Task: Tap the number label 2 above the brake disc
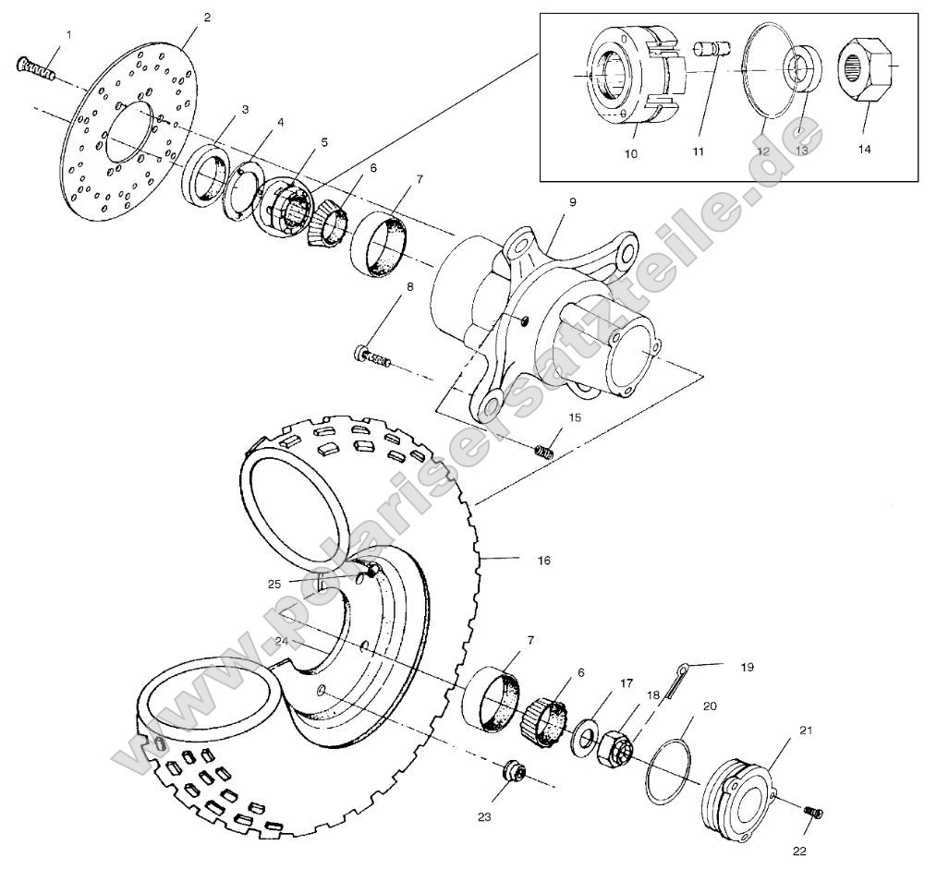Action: point(206,18)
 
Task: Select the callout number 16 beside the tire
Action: point(543,560)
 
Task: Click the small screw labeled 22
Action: point(813,812)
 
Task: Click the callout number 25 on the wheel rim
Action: point(274,584)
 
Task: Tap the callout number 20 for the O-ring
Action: point(709,706)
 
